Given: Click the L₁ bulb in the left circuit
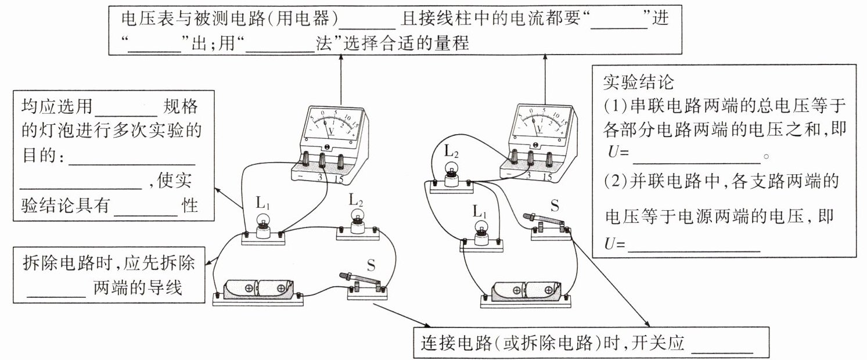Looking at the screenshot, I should pyautogui.click(x=262, y=224).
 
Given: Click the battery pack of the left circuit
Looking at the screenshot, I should pyautogui.click(x=257, y=289).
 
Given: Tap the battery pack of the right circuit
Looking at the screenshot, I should pyautogui.click(x=526, y=290).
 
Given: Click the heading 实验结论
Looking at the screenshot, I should pyautogui.click(x=638, y=82).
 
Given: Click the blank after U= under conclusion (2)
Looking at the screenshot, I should pyautogui.click(x=694, y=245).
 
